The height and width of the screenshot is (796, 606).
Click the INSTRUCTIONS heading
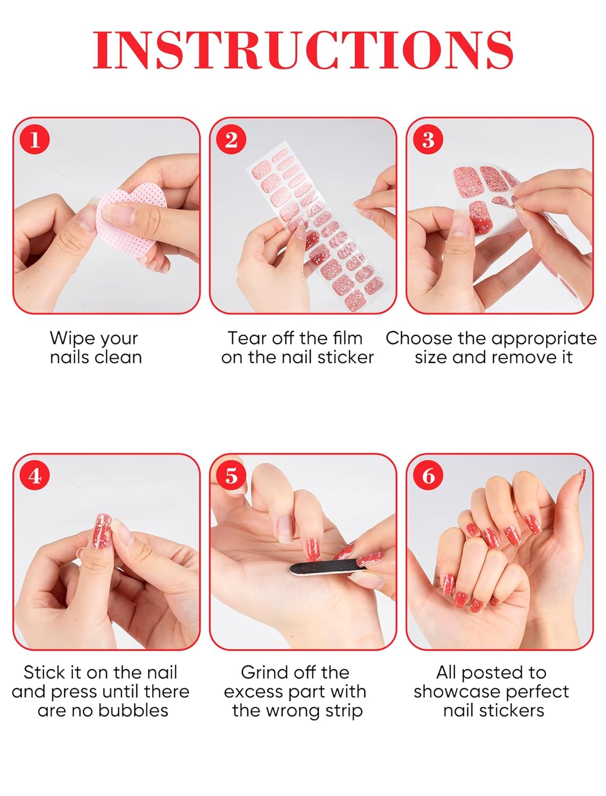point(303,50)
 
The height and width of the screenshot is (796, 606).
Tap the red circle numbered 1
point(35,140)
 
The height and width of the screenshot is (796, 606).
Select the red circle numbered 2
point(231,140)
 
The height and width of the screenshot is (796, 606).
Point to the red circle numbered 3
point(428,140)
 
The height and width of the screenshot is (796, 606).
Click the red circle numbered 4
point(35,475)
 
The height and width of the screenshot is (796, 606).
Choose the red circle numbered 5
point(231,475)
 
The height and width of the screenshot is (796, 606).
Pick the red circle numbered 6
point(428,475)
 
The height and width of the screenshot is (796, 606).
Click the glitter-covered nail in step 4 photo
point(101,531)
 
